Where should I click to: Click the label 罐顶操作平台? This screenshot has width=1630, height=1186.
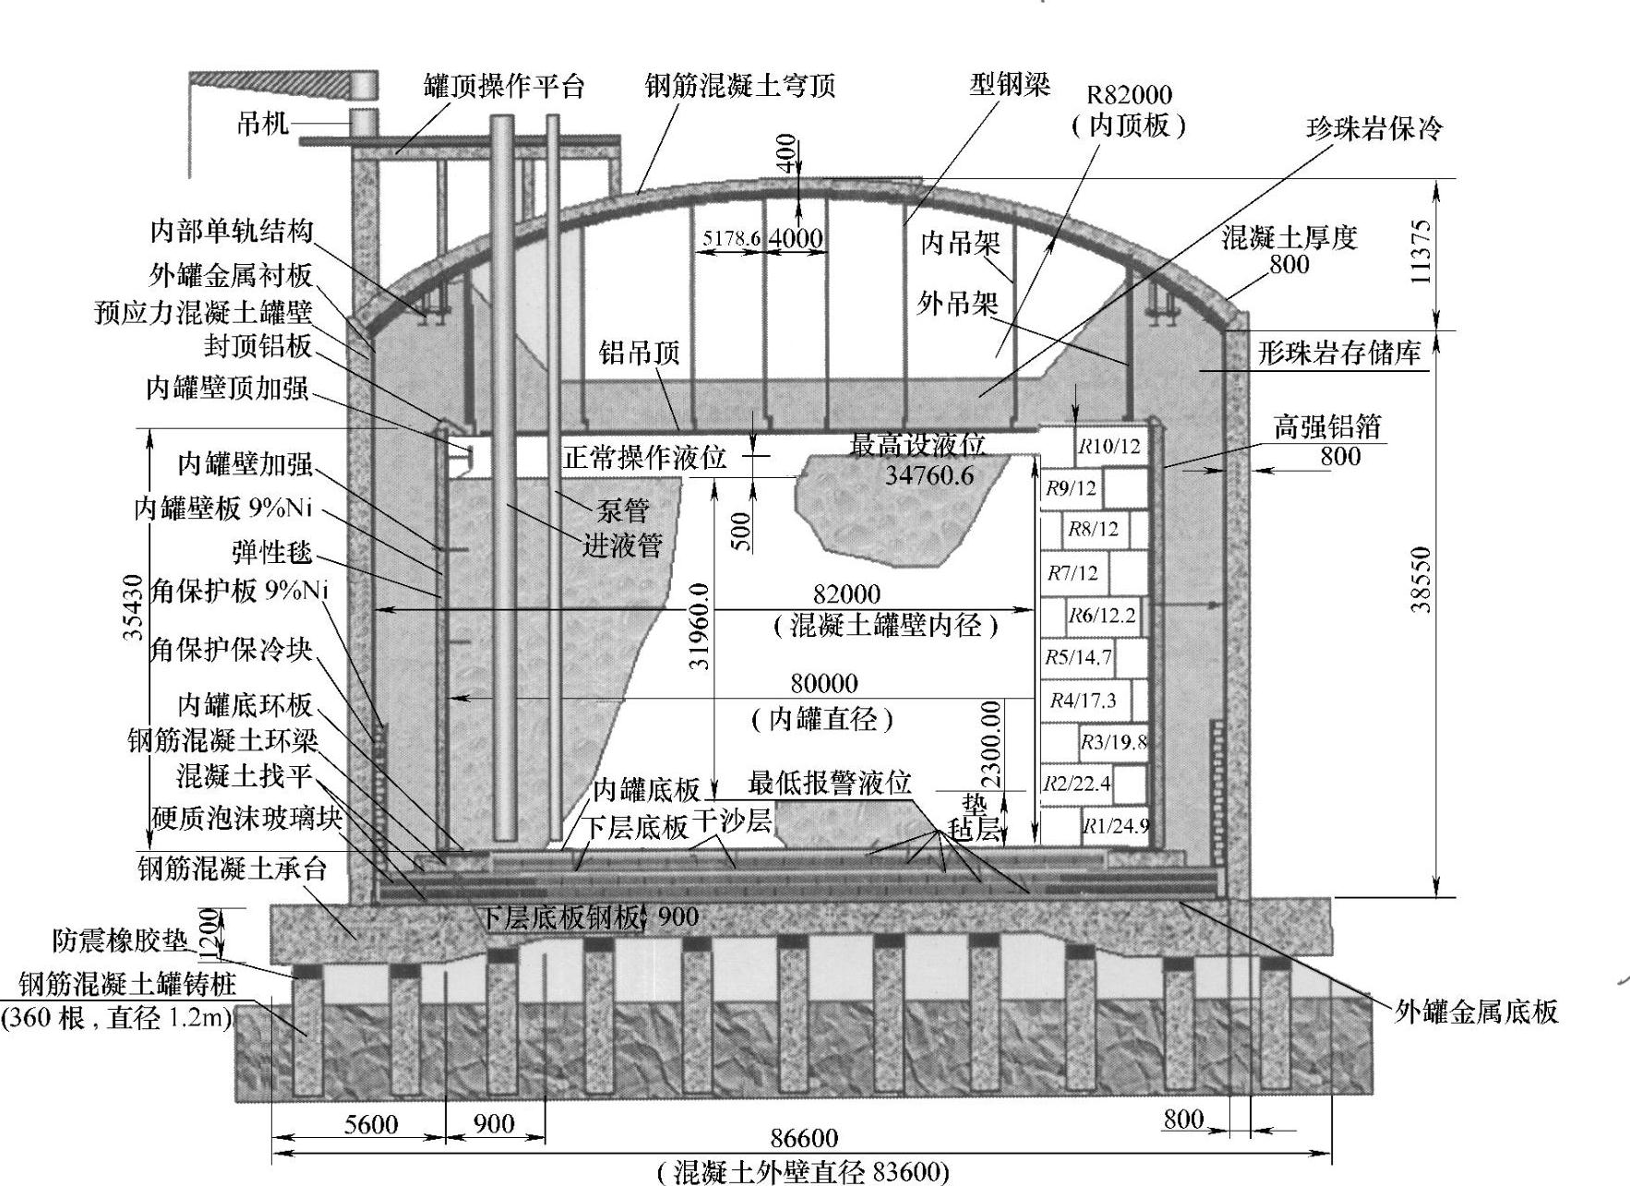(x=504, y=87)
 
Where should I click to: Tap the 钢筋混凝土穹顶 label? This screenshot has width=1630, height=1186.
(x=740, y=86)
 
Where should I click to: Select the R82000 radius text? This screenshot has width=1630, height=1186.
(x=1129, y=95)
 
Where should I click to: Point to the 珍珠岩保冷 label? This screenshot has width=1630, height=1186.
(x=1373, y=128)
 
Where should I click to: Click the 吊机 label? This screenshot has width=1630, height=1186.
(x=262, y=123)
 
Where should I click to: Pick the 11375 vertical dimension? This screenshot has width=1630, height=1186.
(x=1420, y=252)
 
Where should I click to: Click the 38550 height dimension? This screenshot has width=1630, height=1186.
(x=1420, y=580)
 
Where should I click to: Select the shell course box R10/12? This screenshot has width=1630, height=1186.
(x=1109, y=448)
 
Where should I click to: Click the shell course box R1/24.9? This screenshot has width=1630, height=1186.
(x=1116, y=826)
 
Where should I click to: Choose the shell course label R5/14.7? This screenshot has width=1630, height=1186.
(x=1078, y=657)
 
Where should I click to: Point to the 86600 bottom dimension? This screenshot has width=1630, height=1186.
(x=804, y=1137)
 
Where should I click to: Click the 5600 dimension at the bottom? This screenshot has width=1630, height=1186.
(x=371, y=1123)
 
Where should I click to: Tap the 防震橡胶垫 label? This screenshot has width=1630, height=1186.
(x=120, y=941)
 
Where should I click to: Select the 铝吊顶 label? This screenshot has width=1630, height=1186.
(x=639, y=353)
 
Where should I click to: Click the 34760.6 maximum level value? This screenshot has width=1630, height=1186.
(x=929, y=476)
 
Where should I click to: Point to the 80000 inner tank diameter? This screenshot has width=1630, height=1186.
(x=824, y=684)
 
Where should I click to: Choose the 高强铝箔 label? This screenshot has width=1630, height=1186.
(x=1327, y=426)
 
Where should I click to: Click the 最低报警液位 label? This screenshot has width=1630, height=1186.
(x=830, y=784)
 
